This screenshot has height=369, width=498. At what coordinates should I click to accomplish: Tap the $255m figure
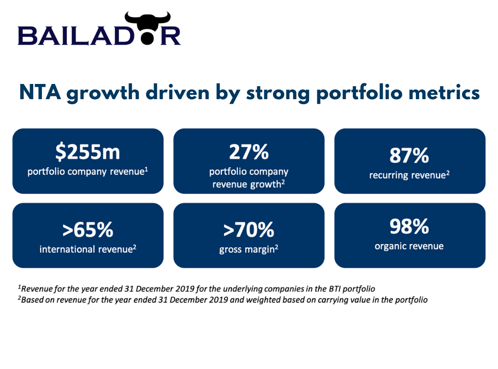(x=88, y=152)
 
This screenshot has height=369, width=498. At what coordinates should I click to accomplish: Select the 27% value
(x=249, y=152)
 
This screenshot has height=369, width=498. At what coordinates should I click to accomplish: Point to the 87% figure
(x=409, y=155)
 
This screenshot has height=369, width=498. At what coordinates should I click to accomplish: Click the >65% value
(x=88, y=230)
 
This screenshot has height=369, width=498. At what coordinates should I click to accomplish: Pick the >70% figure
(x=249, y=230)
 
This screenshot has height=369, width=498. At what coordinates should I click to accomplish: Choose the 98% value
(x=409, y=226)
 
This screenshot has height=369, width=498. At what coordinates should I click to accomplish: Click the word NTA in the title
(x=40, y=93)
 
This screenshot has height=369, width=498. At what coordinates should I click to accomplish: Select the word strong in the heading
(x=278, y=94)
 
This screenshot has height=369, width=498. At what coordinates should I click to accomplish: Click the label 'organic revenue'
(x=409, y=246)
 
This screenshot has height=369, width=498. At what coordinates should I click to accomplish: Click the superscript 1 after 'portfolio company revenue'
(x=147, y=170)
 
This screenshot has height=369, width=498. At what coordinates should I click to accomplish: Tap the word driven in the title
(x=178, y=93)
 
